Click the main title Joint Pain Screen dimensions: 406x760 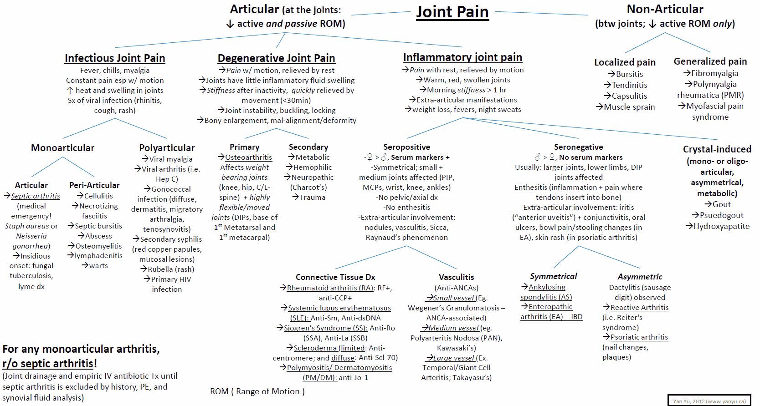(x=452, y=12)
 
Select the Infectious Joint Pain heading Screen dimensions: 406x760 (x=115, y=58)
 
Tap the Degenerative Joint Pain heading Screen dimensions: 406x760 (x=276, y=58)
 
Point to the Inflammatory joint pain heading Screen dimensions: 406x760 (x=462, y=57)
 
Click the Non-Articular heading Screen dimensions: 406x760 (x=665, y=9)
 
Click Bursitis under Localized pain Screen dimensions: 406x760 (x=629, y=74)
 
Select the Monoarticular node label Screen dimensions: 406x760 (x=62, y=148)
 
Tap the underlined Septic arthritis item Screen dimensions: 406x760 (x=36, y=196)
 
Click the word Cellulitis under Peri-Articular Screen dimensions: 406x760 (x=98, y=196)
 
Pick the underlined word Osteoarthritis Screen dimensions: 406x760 (x=248, y=157)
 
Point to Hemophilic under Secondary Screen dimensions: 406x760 (x=313, y=167)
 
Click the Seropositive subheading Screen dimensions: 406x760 (x=406, y=147)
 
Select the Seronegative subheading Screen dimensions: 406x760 (x=578, y=147)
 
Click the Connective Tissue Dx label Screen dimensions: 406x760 (x=335, y=277)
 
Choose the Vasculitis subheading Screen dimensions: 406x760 (x=456, y=277)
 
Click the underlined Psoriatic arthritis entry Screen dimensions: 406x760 (x=639, y=337)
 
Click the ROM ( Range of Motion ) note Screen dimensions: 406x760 (x=257, y=391)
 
